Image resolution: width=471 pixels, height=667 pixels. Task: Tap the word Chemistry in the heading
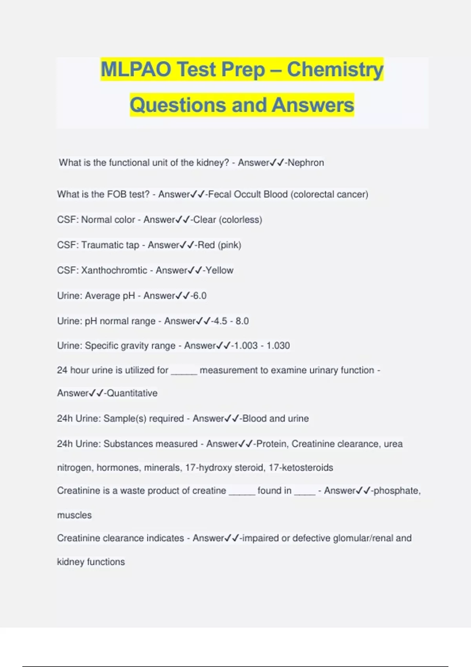click(335, 69)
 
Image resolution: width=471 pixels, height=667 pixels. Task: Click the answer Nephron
click(306, 162)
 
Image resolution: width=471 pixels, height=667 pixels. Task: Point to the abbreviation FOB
click(116, 194)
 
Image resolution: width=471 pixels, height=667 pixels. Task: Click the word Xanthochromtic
click(114, 270)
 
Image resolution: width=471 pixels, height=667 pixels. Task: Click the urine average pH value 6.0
click(199, 296)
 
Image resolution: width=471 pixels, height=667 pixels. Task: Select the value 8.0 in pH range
click(242, 321)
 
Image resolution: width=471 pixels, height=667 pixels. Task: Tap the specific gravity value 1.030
click(278, 346)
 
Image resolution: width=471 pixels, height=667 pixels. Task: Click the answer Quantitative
click(132, 393)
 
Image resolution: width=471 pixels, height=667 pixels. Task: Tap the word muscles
click(74, 515)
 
